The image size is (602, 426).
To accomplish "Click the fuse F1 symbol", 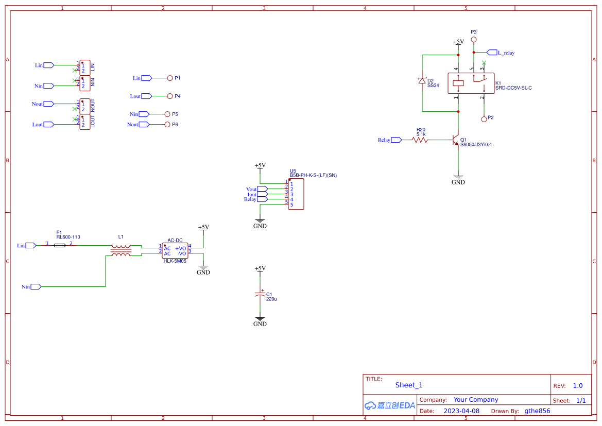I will click(x=60, y=246).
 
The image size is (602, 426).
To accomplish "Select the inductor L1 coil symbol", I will click(x=121, y=251).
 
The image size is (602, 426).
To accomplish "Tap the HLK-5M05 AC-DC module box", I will click(x=175, y=251).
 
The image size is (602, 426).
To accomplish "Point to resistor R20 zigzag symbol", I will click(x=420, y=140).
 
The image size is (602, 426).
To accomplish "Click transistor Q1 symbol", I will click(x=455, y=140).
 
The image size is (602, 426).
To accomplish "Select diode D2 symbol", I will click(x=422, y=81).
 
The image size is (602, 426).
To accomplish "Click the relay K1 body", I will click(x=473, y=83).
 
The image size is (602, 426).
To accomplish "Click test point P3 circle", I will click(x=474, y=39).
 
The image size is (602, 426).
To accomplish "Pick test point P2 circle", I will click(x=484, y=119).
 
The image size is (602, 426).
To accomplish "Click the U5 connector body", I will click(x=296, y=195).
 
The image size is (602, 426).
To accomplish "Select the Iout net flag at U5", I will click(x=262, y=194).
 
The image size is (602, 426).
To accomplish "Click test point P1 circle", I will click(x=170, y=78).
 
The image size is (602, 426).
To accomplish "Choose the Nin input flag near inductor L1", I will click(x=36, y=286).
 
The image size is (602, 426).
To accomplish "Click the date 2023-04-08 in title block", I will click(x=461, y=411).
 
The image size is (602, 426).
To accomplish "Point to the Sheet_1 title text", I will click(x=409, y=385).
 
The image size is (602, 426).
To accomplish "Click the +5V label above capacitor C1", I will click(x=260, y=268).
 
